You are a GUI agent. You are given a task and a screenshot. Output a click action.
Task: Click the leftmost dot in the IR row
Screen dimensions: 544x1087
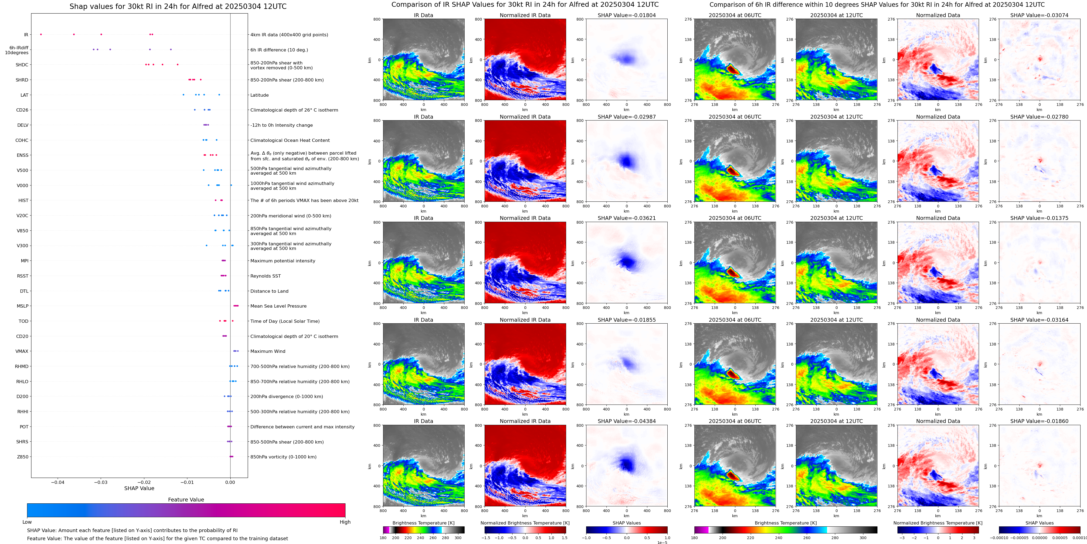point(41,34)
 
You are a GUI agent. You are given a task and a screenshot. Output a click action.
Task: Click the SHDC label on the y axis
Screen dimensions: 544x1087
point(22,65)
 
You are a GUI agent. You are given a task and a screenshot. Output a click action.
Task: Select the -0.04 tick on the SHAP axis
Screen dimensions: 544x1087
point(58,482)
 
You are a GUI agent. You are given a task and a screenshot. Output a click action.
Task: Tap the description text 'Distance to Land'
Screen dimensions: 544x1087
point(269,291)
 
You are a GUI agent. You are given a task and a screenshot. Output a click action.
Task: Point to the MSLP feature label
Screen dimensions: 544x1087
point(23,306)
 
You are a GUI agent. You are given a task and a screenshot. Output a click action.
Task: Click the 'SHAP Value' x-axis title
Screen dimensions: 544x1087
point(139,488)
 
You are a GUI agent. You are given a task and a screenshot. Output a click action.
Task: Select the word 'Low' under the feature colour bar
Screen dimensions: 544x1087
point(27,522)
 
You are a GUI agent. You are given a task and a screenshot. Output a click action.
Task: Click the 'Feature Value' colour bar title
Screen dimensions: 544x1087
point(186,500)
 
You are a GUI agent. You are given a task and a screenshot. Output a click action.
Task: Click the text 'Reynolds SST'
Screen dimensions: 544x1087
point(265,276)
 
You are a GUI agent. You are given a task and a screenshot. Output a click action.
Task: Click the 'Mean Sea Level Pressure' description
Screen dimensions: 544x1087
point(278,306)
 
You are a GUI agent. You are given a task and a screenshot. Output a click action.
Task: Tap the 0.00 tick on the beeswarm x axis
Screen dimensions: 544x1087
point(230,482)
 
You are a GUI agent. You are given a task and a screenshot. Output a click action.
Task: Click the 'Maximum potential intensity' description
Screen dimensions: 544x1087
point(282,261)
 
